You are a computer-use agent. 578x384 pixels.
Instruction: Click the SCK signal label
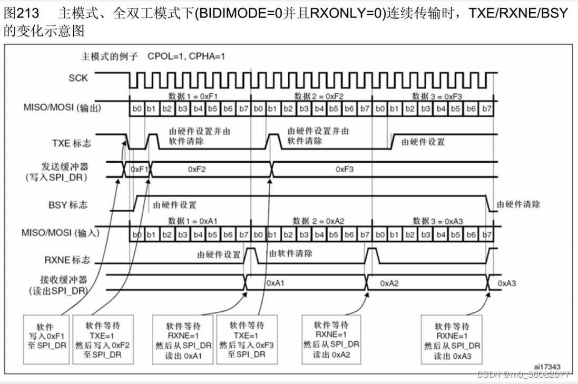(x=78, y=78)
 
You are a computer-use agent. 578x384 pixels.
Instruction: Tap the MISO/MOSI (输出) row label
(x=62, y=108)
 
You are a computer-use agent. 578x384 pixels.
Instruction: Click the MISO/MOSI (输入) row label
(x=62, y=233)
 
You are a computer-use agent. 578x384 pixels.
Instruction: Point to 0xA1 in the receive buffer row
(x=275, y=283)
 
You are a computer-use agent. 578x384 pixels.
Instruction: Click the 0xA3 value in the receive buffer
(x=507, y=283)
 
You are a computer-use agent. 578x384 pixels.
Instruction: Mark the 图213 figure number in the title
(x=19, y=13)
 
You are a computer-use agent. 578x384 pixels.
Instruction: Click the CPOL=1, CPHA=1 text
(x=187, y=56)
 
